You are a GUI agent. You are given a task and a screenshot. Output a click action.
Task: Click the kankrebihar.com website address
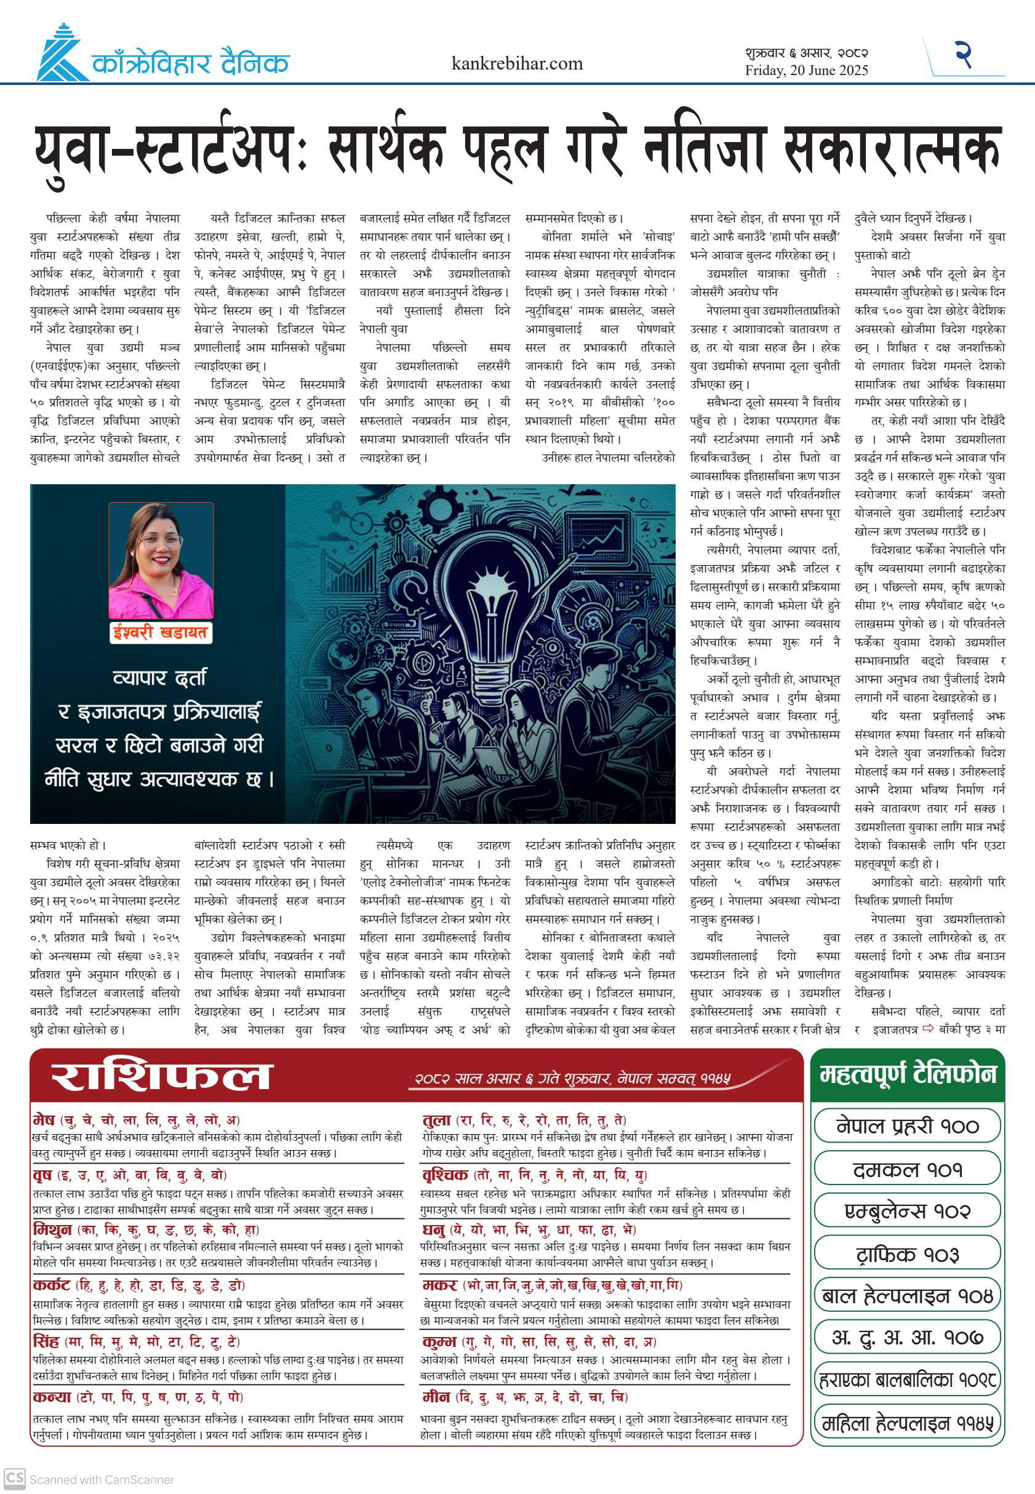[517, 63]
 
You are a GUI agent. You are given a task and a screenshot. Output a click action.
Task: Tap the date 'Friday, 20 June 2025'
[806, 70]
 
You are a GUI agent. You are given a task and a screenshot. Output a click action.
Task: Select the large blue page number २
[963, 55]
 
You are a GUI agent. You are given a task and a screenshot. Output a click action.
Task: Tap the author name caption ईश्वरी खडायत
[159, 631]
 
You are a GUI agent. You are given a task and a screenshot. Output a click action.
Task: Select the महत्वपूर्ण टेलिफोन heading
[907, 1074]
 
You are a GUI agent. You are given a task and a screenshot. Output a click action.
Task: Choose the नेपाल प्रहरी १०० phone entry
[907, 1126]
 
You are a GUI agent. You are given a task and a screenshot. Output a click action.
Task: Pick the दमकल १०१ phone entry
[907, 1169]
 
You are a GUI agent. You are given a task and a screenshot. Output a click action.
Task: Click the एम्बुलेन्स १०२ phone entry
[907, 1212]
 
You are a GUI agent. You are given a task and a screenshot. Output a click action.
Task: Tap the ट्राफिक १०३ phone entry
[907, 1254]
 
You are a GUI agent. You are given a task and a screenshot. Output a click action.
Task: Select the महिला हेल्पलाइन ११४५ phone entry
[907, 1423]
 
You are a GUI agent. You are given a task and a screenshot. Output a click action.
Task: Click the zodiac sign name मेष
[44, 1120]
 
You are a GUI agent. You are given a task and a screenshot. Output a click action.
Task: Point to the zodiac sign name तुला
[436, 1120]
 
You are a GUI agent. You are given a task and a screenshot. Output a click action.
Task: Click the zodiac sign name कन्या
[52, 1397]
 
